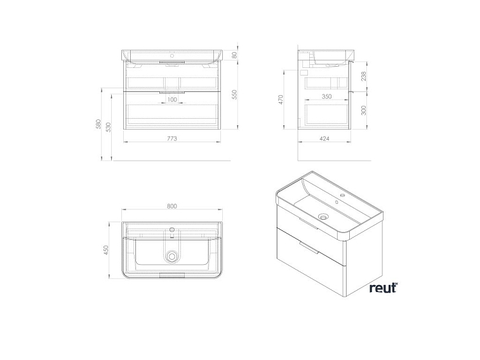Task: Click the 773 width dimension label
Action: pyautogui.click(x=172, y=138)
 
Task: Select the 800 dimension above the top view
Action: pyautogui.click(x=172, y=206)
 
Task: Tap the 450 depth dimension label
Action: pyautogui.click(x=107, y=250)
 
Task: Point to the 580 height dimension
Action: pyautogui.click(x=98, y=124)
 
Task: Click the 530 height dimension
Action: pyautogui.click(x=109, y=128)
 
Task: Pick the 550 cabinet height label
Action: pyautogui.click(x=235, y=95)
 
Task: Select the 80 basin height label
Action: pyautogui.click(x=235, y=55)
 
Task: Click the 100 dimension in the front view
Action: pyautogui.click(x=172, y=100)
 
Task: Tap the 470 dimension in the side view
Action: pyautogui.click(x=281, y=100)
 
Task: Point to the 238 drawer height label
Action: pyautogui.click(x=364, y=76)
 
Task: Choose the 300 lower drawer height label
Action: pyautogui.click(x=364, y=110)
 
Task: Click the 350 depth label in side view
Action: pyautogui.click(x=327, y=97)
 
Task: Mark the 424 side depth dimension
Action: pyautogui.click(x=324, y=138)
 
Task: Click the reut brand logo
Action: pyautogui.click(x=383, y=288)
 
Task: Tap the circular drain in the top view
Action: pyautogui.click(x=172, y=257)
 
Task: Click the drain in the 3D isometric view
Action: pyautogui.click(x=323, y=217)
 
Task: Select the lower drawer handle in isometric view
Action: pyautogui.click(x=309, y=248)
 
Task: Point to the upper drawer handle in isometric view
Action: pyautogui.click(x=309, y=223)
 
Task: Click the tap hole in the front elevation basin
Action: pyautogui.click(x=172, y=56)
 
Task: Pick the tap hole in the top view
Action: pyautogui.click(x=172, y=229)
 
